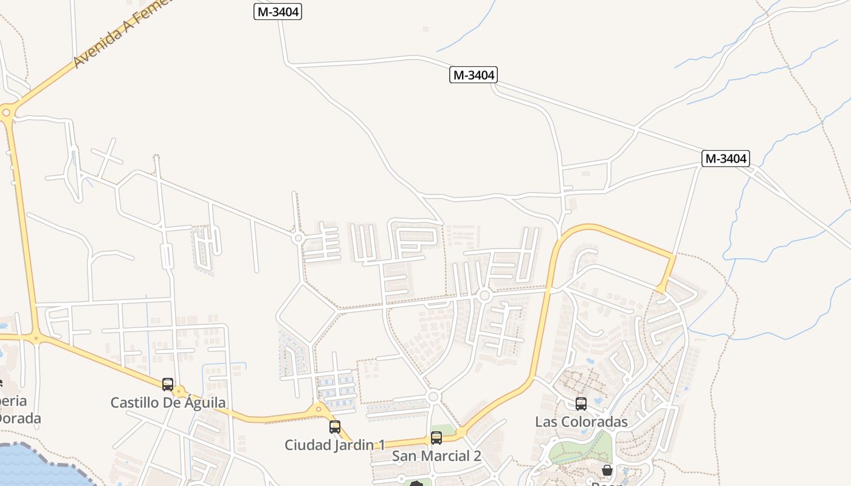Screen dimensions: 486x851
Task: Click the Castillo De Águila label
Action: coord(168,402)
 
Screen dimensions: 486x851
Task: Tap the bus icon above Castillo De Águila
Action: coord(168,384)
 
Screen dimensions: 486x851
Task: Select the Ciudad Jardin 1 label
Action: coord(334,445)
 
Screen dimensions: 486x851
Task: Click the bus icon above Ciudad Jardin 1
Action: coord(335,426)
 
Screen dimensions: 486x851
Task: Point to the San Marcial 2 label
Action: coord(436,456)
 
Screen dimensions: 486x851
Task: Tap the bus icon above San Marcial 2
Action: coord(436,437)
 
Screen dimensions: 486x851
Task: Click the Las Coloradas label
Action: coord(581,421)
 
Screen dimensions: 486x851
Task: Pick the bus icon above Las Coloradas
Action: coord(581,403)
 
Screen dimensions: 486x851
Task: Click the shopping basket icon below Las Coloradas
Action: coord(607,470)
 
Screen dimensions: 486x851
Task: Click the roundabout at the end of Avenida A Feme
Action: coord(7,111)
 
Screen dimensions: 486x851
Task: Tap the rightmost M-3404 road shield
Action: coord(725,159)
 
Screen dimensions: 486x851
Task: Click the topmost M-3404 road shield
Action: coord(278,11)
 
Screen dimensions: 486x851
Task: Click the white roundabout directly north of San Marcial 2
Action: coord(433,397)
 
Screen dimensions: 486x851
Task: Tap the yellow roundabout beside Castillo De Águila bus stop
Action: coord(179,392)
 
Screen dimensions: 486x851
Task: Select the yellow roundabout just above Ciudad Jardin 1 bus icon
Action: coord(319,410)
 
